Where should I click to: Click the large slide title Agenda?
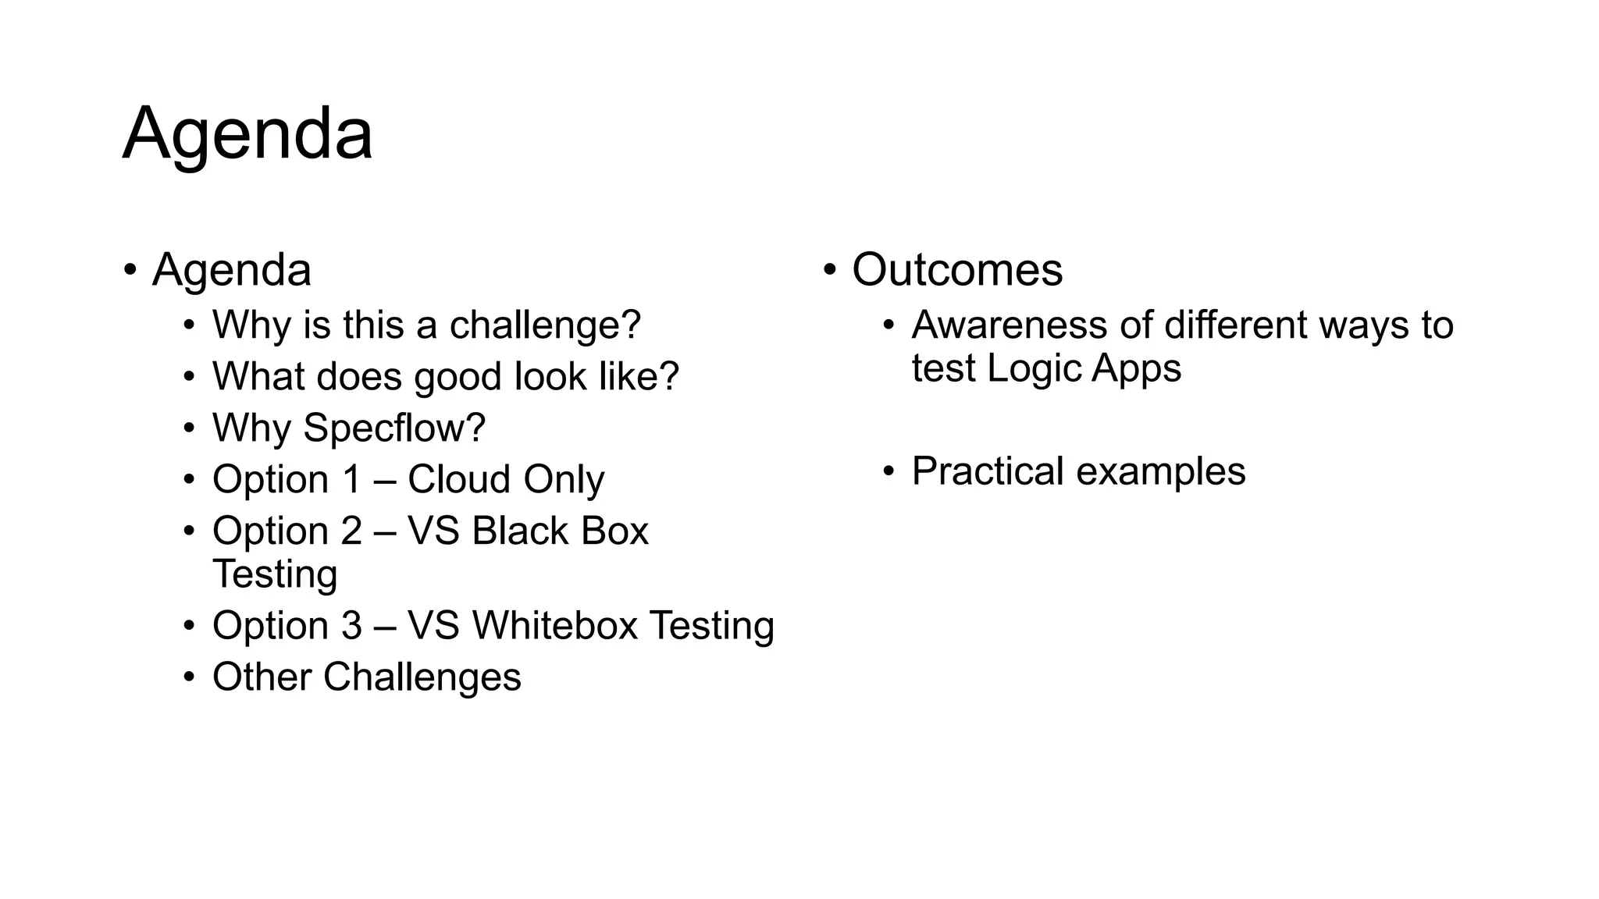click(248, 134)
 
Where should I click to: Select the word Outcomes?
click(957, 270)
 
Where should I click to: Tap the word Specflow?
click(388, 428)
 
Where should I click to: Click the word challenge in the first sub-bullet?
click(545, 325)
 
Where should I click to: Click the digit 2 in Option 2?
click(352, 531)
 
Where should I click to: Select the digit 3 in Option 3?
click(352, 626)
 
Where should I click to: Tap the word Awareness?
click(1009, 325)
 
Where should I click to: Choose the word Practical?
click(988, 471)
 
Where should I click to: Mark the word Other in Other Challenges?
click(262, 677)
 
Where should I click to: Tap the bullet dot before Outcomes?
click(830, 270)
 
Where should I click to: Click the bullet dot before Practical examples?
click(889, 471)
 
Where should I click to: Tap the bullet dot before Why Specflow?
click(189, 428)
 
